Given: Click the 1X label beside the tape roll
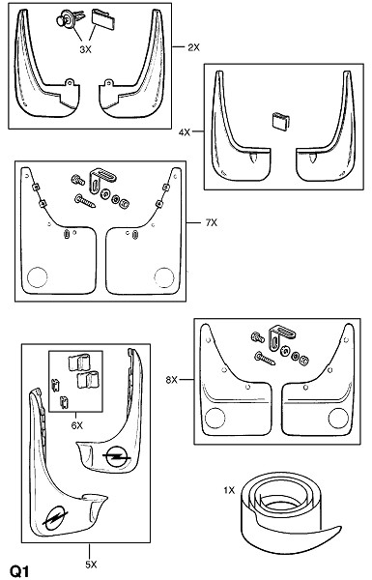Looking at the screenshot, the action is pyautogui.click(x=229, y=490).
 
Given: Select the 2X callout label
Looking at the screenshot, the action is pyautogui.click(x=193, y=47).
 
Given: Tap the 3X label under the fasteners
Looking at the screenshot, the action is pyautogui.click(x=85, y=49).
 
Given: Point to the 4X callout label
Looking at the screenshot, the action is pyautogui.click(x=185, y=132).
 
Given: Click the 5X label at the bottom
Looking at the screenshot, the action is pyautogui.click(x=91, y=565).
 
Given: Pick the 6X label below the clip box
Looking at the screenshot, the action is pyautogui.click(x=77, y=425).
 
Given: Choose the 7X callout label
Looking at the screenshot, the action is pyautogui.click(x=212, y=222).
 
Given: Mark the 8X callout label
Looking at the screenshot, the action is pyautogui.click(x=172, y=380).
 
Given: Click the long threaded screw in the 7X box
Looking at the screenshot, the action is pyautogui.click(x=85, y=201).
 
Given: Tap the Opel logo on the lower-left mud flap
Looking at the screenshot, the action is pyautogui.click(x=55, y=515).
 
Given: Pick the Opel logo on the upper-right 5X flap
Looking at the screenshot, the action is pyautogui.click(x=117, y=456).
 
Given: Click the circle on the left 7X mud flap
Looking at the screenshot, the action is pyautogui.click(x=38, y=277).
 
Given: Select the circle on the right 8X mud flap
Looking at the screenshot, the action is pyautogui.click(x=338, y=418).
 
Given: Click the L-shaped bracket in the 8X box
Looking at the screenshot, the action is pyautogui.click(x=281, y=337).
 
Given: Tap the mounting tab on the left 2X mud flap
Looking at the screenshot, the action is pyautogui.click(x=70, y=82).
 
